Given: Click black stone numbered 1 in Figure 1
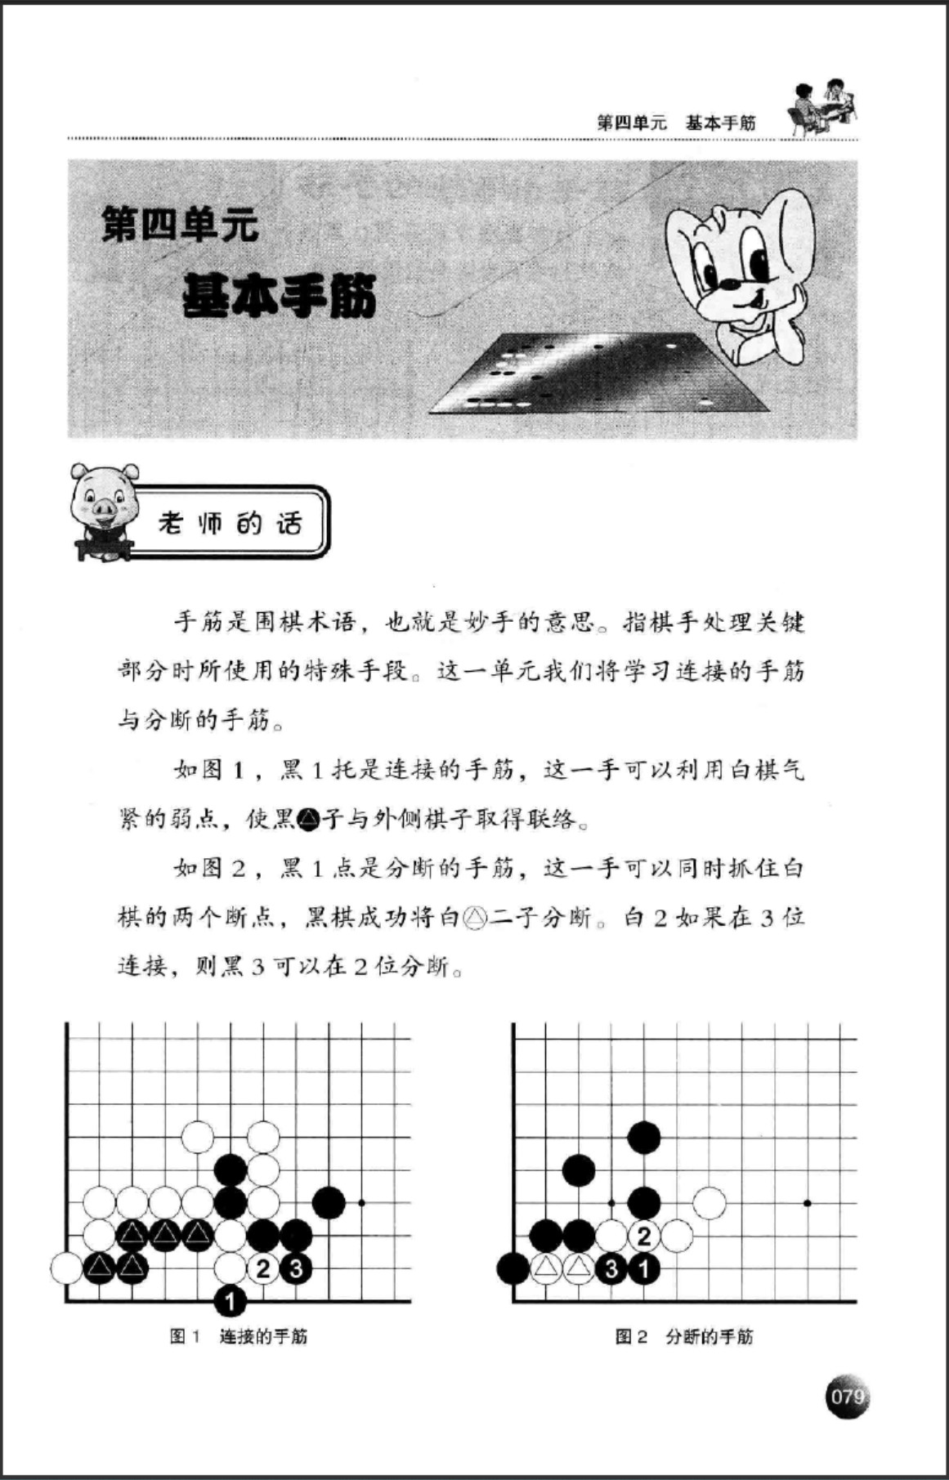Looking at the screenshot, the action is click(x=231, y=1300).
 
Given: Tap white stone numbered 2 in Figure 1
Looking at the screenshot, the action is click(x=263, y=1268).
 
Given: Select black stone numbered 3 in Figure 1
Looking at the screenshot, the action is click(x=296, y=1268).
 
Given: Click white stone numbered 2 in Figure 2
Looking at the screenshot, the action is click(x=644, y=1236).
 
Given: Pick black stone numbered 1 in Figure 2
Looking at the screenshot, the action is click(x=644, y=1269).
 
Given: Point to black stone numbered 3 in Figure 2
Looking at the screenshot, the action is click(x=611, y=1269).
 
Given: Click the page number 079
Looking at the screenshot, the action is click(x=847, y=1396).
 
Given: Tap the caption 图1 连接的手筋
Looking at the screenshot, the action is click(x=239, y=1337).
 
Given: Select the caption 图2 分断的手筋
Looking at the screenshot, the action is click(x=684, y=1337).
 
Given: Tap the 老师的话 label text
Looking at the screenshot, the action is click(x=231, y=523).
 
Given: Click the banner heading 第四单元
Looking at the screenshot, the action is click(x=180, y=225).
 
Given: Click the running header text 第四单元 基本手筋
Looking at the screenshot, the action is click(x=676, y=123).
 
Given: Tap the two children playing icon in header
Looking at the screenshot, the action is click(x=822, y=106).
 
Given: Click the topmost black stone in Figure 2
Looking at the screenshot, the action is click(x=644, y=1137).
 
